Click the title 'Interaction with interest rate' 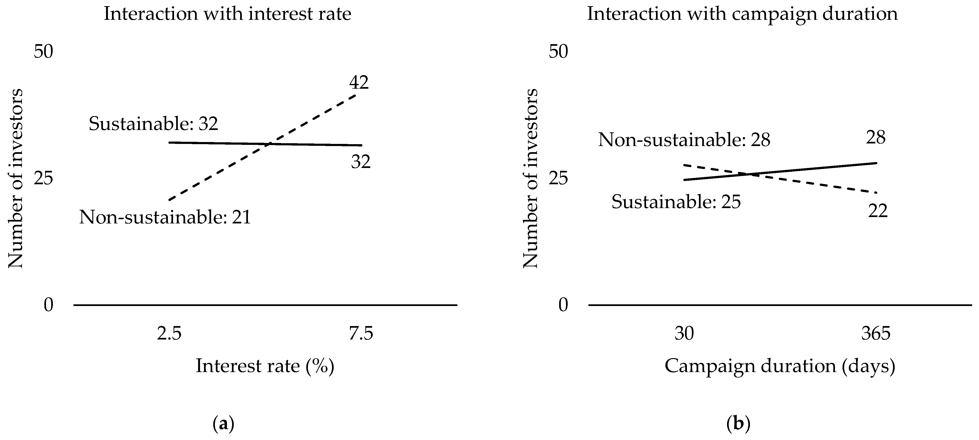227,14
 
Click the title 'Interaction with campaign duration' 742,14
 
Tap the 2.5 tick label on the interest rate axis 169,334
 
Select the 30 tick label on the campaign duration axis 684,334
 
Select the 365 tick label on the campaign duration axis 876,334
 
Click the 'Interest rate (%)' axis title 265,366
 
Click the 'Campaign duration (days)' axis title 780,366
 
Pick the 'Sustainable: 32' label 153,124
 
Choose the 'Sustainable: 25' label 676,201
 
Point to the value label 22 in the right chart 877,211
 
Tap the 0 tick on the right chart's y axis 563,305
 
